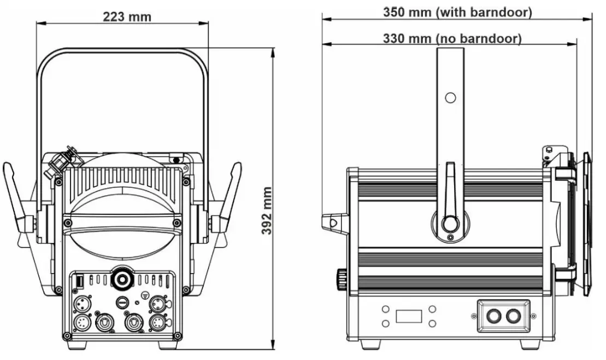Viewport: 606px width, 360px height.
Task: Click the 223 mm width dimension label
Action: (x=127, y=16)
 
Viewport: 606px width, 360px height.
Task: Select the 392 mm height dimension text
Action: (x=266, y=210)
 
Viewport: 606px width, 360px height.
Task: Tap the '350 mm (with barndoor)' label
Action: (x=457, y=12)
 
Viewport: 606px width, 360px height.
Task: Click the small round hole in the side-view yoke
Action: (x=450, y=98)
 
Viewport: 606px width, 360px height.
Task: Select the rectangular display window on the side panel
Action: (x=409, y=316)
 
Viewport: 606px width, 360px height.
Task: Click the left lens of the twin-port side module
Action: (x=495, y=315)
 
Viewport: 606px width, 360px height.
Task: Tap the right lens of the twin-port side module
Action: (x=513, y=315)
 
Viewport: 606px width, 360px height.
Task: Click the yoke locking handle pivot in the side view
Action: (x=450, y=223)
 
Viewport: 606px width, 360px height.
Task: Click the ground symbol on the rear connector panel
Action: (x=145, y=294)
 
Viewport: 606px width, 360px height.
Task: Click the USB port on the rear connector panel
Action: (x=78, y=281)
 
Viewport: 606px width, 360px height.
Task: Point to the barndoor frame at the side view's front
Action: (x=586, y=224)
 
